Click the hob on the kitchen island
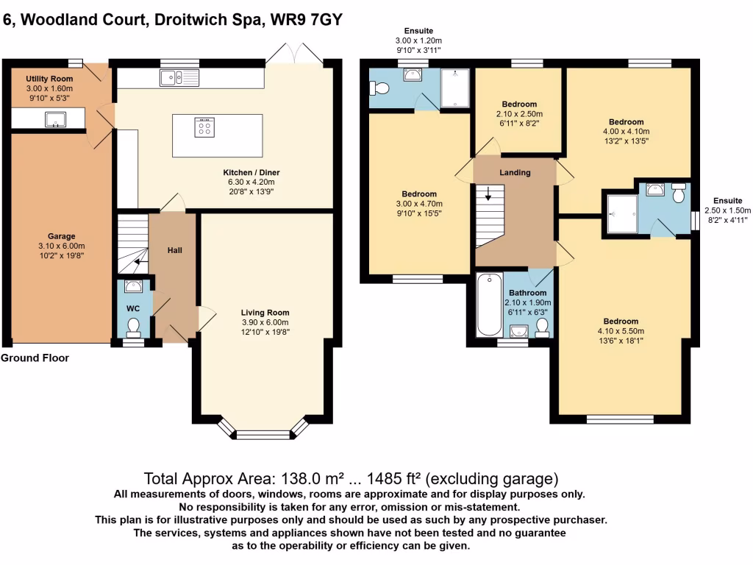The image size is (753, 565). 204,127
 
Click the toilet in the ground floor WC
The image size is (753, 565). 134,324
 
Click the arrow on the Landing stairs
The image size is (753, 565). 486,195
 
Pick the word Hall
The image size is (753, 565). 174,250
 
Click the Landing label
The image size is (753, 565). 515,172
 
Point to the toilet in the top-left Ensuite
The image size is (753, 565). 380,88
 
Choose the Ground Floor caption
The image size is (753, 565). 35,358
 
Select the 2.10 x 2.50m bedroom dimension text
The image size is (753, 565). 519,115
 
